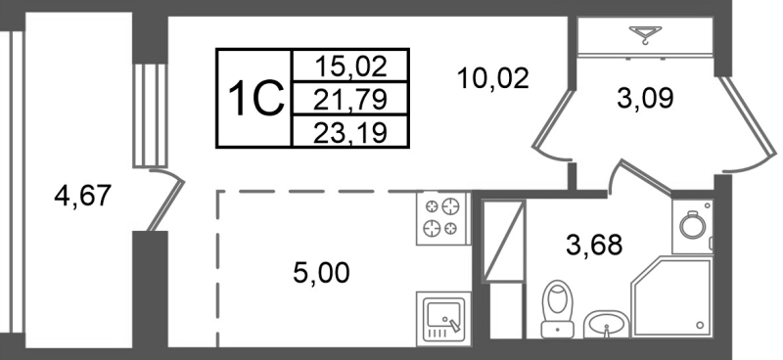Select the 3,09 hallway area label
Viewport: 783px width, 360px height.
click(x=645, y=98)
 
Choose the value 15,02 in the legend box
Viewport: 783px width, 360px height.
click(x=350, y=67)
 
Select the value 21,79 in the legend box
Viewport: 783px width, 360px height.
click(x=350, y=98)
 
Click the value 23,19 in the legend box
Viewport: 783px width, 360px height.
click(x=350, y=129)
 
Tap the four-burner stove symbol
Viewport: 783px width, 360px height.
click(x=439, y=217)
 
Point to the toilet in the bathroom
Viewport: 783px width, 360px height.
click(x=559, y=302)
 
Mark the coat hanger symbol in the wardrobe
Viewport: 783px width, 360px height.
click(x=646, y=38)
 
